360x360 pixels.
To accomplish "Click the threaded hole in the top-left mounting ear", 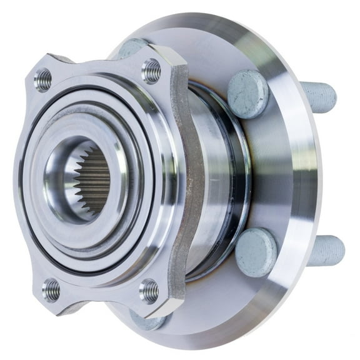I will click(x=43, y=80).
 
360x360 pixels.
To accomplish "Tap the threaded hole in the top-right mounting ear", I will click(x=151, y=71).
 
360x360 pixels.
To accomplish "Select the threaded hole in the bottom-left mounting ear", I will click(x=52, y=289).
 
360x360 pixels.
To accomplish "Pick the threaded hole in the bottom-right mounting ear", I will click(x=149, y=290).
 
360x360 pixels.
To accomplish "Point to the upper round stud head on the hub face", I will click(x=247, y=93).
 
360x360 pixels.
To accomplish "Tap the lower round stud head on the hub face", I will click(x=256, y=252).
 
